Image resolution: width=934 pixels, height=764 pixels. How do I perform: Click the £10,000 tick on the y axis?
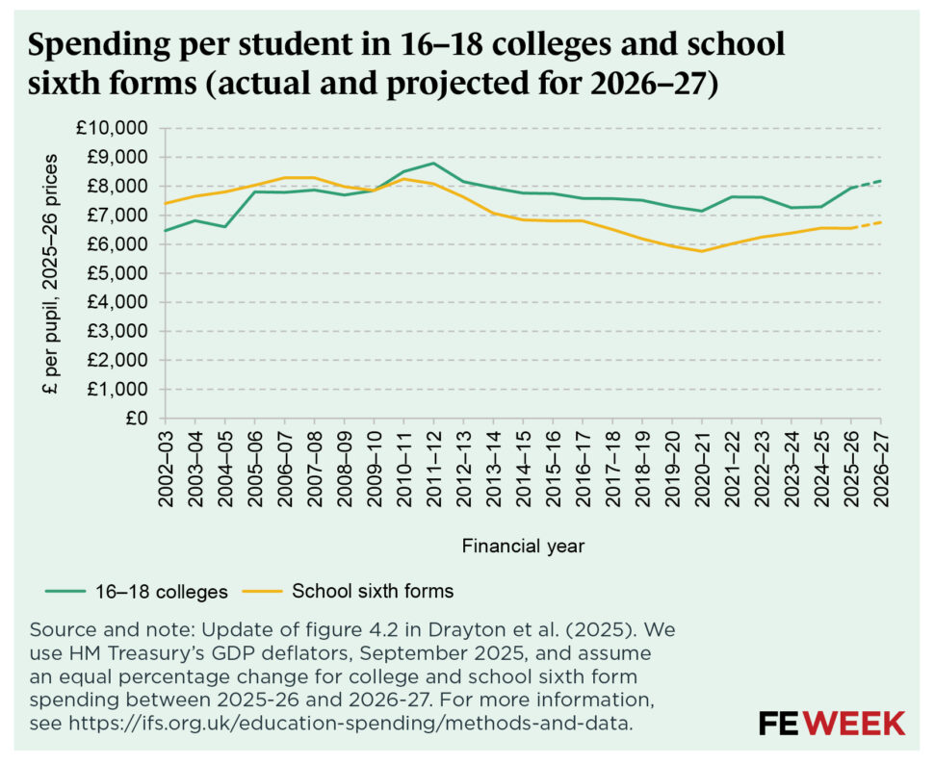pos(115,128)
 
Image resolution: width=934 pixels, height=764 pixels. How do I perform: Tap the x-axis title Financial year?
pos(523,547)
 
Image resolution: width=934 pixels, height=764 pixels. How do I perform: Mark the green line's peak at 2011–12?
pos(433,163)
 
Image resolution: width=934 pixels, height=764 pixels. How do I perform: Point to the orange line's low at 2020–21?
pos(702,251)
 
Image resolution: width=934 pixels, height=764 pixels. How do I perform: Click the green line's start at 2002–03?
pos(164,230)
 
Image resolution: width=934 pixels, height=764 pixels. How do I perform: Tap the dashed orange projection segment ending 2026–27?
pos(868,225)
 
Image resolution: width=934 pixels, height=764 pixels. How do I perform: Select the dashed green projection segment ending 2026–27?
pos(868,184)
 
